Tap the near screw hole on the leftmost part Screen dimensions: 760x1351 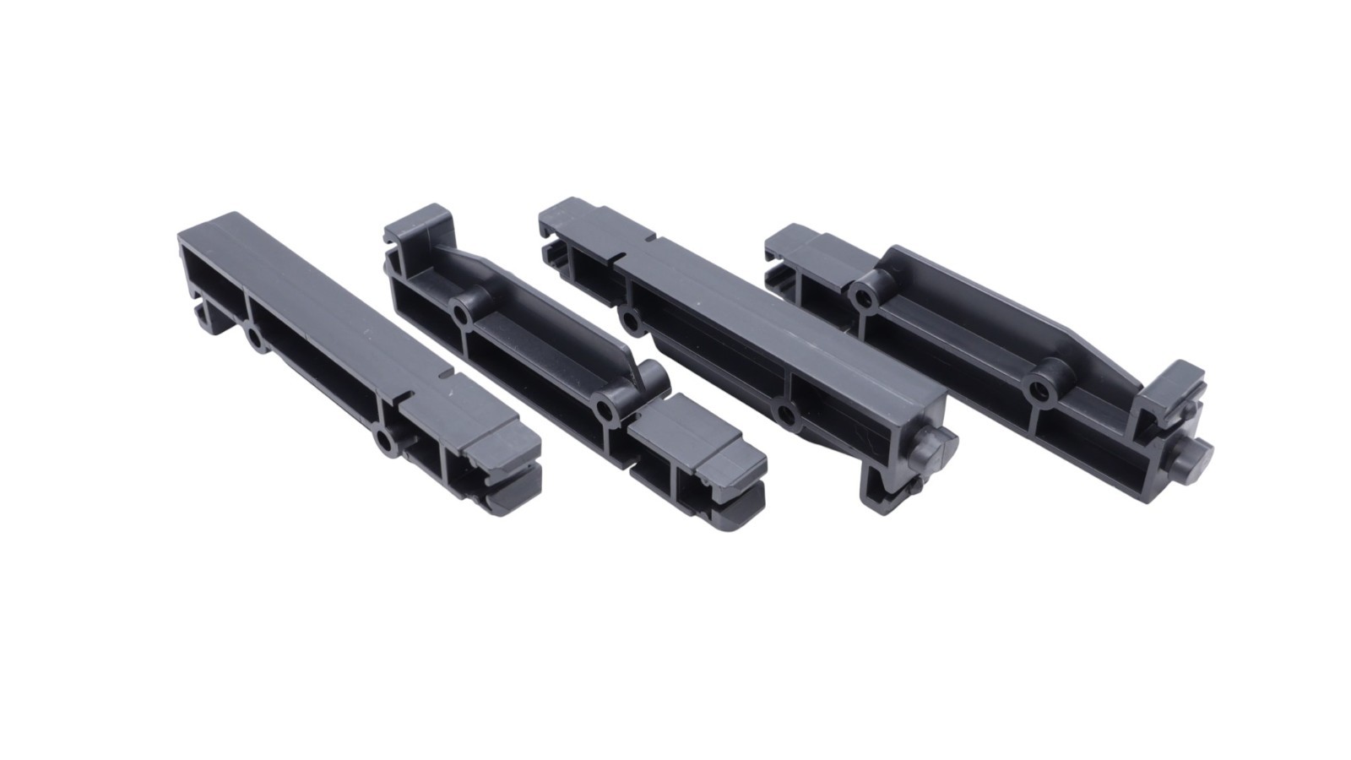385,442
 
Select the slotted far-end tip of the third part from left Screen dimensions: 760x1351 557,241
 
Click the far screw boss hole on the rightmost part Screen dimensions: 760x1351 863,297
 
